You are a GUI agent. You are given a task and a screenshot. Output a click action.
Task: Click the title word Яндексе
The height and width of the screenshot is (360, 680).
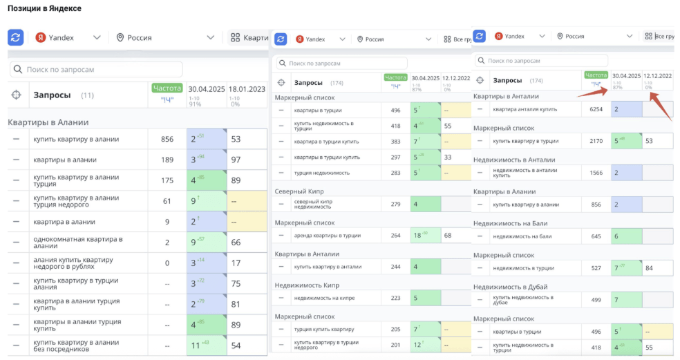click(x=64, y=8)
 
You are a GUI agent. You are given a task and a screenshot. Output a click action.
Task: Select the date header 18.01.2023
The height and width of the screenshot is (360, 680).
click(x=247, y=89)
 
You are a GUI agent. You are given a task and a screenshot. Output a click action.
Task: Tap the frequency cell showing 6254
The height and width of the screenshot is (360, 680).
click(x=596, y=109)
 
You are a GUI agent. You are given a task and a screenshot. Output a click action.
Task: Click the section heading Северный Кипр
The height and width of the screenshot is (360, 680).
click(x=299, y=191)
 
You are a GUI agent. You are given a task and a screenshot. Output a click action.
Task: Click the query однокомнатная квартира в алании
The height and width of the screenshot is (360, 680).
click(x=77, y=243)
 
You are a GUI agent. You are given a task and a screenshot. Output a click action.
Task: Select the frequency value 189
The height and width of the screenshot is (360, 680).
click(x=167, y=160)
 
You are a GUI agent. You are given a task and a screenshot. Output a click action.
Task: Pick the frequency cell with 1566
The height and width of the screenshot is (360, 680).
click(x=596, y=173)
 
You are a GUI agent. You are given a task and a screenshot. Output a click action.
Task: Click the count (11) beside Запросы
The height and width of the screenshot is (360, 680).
click(x=88, y=95)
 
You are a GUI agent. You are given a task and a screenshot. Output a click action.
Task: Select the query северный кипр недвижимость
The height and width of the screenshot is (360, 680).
click(x=315, y=204)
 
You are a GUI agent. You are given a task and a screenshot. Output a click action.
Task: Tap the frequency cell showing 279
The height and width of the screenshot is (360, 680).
click(x=395, y=204)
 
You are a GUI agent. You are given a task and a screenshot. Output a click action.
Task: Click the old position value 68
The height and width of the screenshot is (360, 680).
click(x=448, y=236)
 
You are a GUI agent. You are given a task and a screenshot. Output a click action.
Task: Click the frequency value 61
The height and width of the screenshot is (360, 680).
click(x=167, y=201)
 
